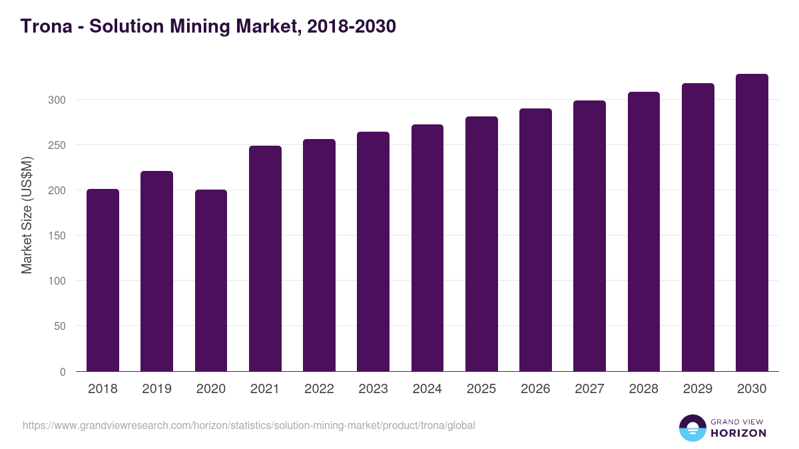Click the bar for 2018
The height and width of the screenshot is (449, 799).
click(103, 280)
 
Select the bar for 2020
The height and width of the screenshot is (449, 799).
click(211, 280)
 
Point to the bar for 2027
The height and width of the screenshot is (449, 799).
click(589, 235)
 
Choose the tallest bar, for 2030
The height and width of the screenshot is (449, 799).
click(752, 222)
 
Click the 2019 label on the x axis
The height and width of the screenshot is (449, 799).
click(156, 389)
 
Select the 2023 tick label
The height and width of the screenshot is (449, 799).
click(373, 389)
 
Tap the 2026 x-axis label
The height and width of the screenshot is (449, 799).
click(535, 389)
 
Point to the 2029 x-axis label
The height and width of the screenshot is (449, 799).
click(698, 389)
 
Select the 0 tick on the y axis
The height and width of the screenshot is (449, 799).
click(63, 372)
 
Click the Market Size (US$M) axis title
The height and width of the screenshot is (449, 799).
click(27, 215)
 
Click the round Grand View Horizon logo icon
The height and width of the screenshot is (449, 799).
click(692, 428)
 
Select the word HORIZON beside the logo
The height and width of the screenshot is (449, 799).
click(738, 433)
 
